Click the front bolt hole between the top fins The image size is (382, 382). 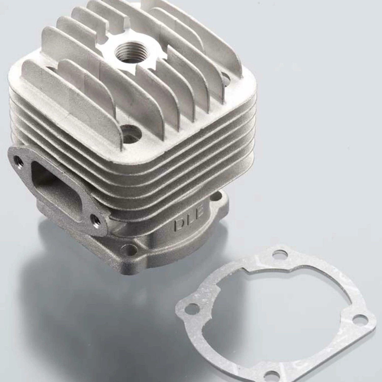pyautogui.click(x=131, y=131)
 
